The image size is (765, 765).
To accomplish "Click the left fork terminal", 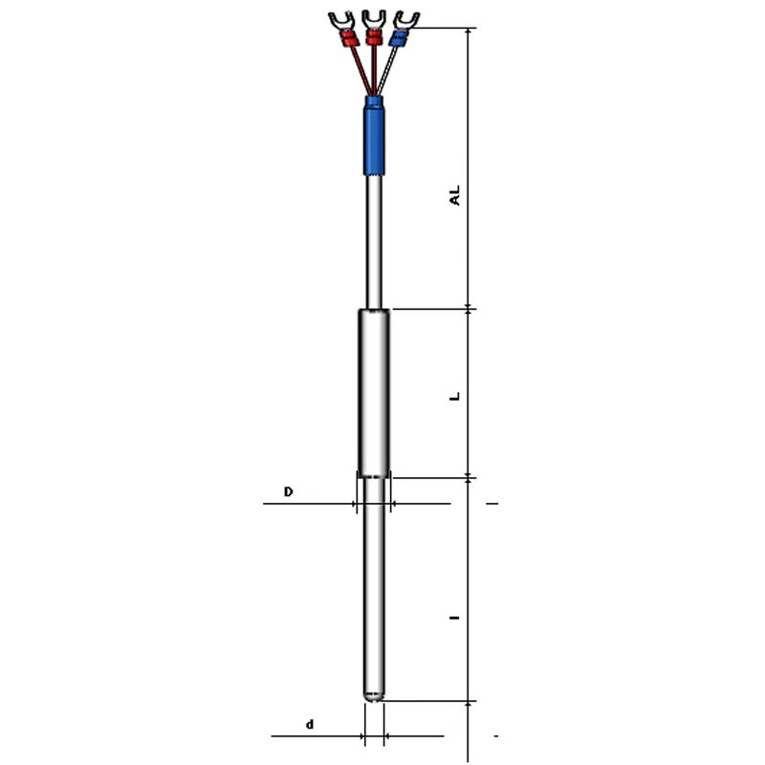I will [x=339, y=18].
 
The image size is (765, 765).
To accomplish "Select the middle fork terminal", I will [x=373, y=18].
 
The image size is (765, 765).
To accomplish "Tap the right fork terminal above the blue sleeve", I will [x=408, y=18].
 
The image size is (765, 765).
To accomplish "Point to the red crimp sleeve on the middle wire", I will [x=373, y=39].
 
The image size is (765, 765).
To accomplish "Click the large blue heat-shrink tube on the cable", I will [x=374, y=140].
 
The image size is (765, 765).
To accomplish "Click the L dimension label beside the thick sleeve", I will [x=456, y=394].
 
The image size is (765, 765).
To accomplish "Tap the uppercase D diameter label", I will [x=288, y=492].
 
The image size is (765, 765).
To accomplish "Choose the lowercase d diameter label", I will [x=309, y=725].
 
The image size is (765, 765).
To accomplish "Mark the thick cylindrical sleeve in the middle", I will [x=374, y=392].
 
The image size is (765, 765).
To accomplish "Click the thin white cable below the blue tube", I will [x=374, y=239].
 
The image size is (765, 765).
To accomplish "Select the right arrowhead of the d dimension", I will [x=389, y=736].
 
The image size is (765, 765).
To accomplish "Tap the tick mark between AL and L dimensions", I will [x=469, y=308].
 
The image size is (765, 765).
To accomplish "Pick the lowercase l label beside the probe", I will [x=456, y=618].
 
